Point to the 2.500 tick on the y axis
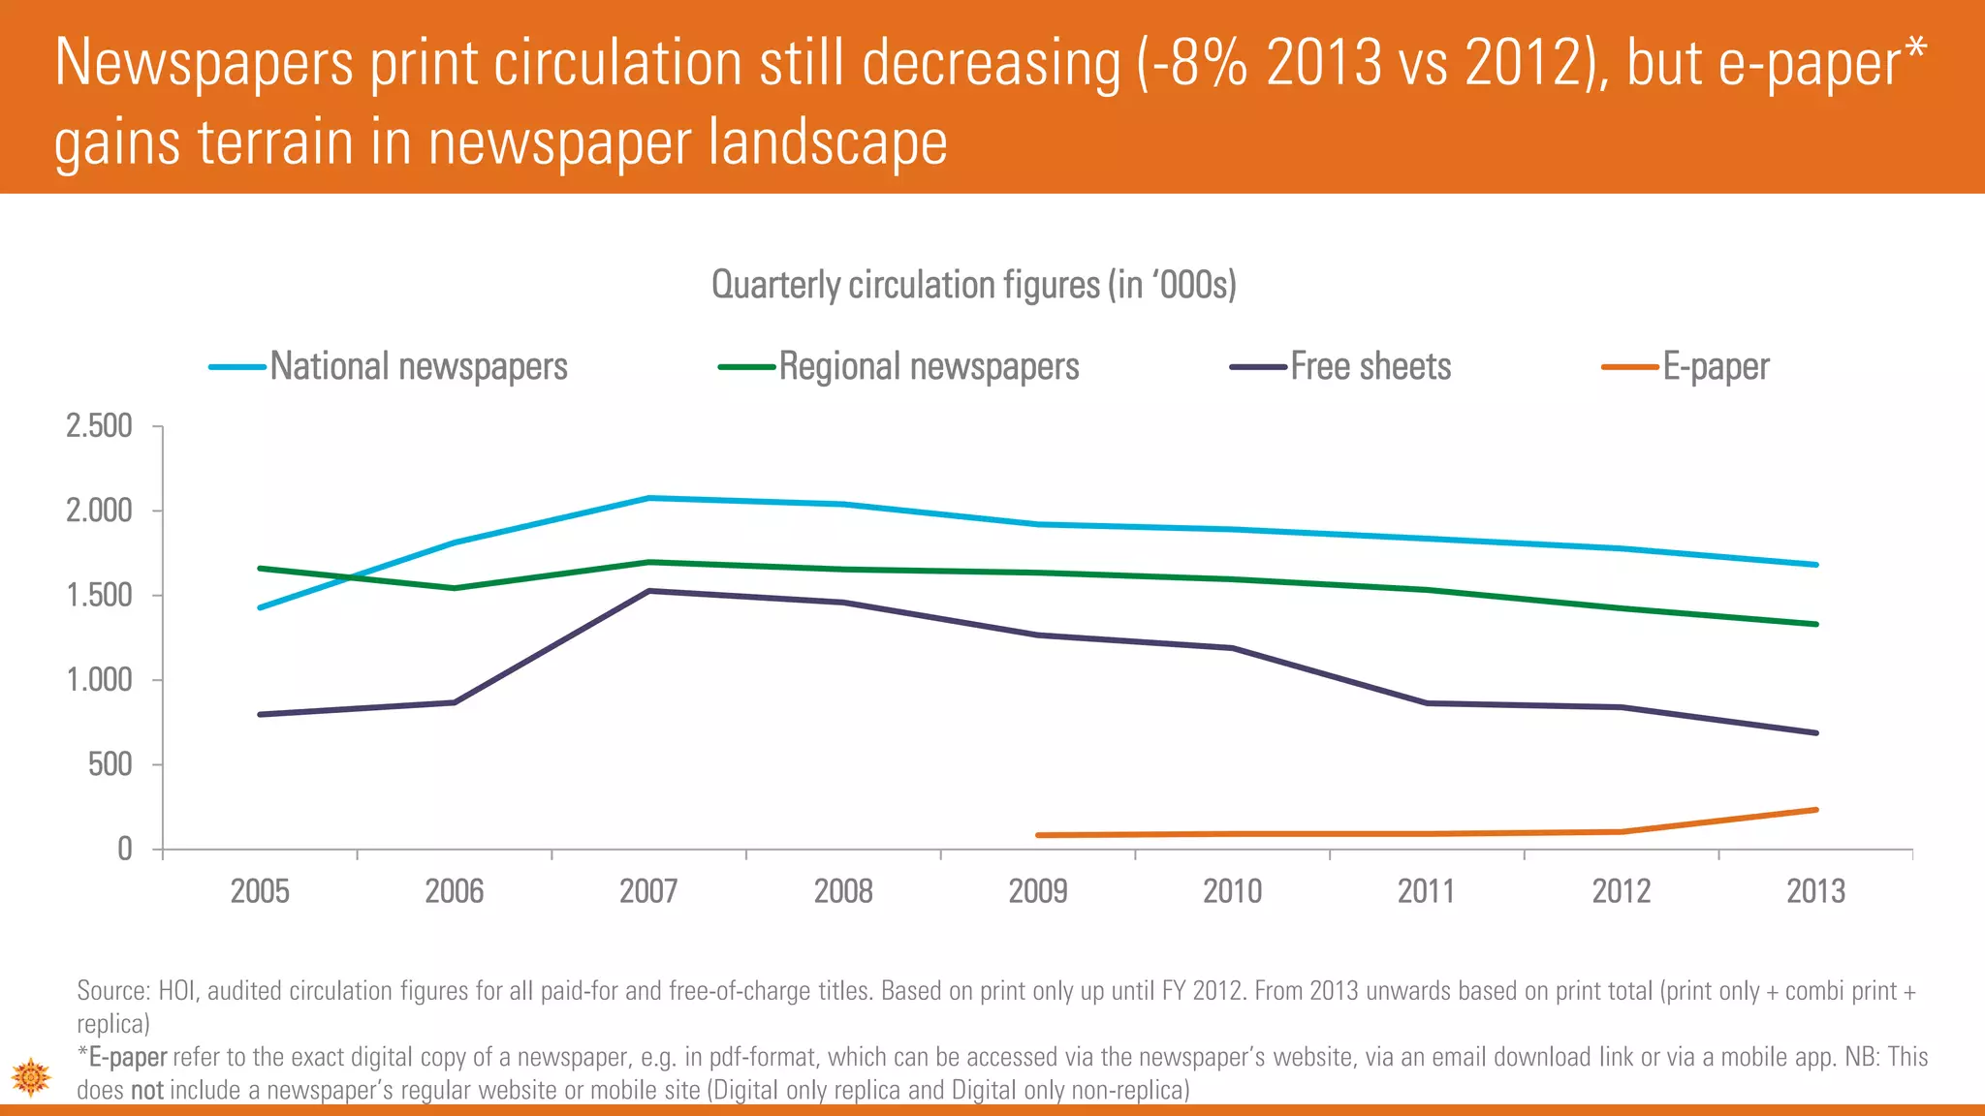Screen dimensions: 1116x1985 tap(99, 426)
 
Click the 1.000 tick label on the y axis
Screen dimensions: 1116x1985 tap(99, 680)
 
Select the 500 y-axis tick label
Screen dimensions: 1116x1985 tap(110, 765)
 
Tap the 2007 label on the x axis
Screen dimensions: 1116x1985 tap(648, 891)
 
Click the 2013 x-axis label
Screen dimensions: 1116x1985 tap(1815, 891)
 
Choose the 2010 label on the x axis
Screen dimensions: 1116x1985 tap(1232, 891)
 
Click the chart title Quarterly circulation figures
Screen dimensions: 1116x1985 tap(973, 285)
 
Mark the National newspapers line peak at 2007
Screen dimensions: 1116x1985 tap(648, 498)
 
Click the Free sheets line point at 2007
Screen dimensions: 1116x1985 tap(648, 591)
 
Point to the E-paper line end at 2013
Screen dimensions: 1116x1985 tap(1815, 810)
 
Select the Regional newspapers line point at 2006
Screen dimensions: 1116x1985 tap(455, 588)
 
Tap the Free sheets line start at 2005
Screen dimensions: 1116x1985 tap(260, 715)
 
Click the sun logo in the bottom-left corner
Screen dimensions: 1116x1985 tap(31, 1076)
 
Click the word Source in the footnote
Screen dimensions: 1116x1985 tap(111, 991)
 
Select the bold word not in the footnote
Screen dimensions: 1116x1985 tap(147, 1091)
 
